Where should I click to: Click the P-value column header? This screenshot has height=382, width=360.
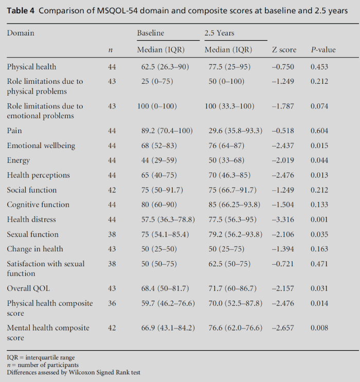323,50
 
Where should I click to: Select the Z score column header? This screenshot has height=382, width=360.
284,50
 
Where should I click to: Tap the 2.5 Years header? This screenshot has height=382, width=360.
219,33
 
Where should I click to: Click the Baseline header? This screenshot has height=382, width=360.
150,33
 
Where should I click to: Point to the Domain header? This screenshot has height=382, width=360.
21,33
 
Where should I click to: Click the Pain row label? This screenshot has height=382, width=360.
14,131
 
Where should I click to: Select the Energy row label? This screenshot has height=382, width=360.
19,160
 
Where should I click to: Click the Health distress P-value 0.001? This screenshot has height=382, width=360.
319,220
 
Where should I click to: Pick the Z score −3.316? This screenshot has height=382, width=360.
283,220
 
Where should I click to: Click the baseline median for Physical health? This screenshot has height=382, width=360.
161,67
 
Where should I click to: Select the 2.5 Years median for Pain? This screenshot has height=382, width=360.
233,131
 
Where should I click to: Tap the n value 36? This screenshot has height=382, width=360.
112,303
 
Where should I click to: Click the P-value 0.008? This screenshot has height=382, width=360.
319,328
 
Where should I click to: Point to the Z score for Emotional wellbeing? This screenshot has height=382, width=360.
283,145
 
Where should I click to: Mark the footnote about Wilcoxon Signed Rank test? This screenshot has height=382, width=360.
74,372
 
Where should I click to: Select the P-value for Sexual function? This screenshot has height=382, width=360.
319,234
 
